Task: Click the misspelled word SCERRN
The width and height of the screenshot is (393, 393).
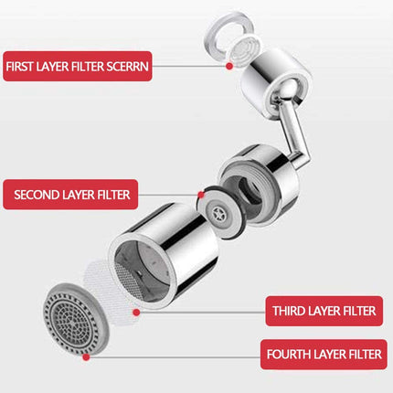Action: pyautogui.click(x=127, y=67)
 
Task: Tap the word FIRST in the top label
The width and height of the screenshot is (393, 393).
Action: pyautogui.click(x=19, y=67)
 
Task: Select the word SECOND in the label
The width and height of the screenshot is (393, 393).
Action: pyautogui.click(x=37, y=195)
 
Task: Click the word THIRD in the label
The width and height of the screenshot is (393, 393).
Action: pyautogui.click(x=289, y=311)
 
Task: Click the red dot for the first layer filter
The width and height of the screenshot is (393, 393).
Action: pyautogui.click(x=229, y=66)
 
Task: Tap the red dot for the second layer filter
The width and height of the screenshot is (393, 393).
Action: pyautogui.click(x=201, y=195)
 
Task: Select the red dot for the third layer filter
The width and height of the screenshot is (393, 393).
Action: pyautogui.click(x=136, y=312)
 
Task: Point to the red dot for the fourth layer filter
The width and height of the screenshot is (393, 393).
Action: pyautogui.click(x=86, y=356)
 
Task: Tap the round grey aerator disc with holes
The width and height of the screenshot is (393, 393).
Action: pyautogui.click(x=75, y=318)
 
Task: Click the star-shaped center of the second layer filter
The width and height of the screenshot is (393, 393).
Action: pyautogui.click(x=218, y=212)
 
